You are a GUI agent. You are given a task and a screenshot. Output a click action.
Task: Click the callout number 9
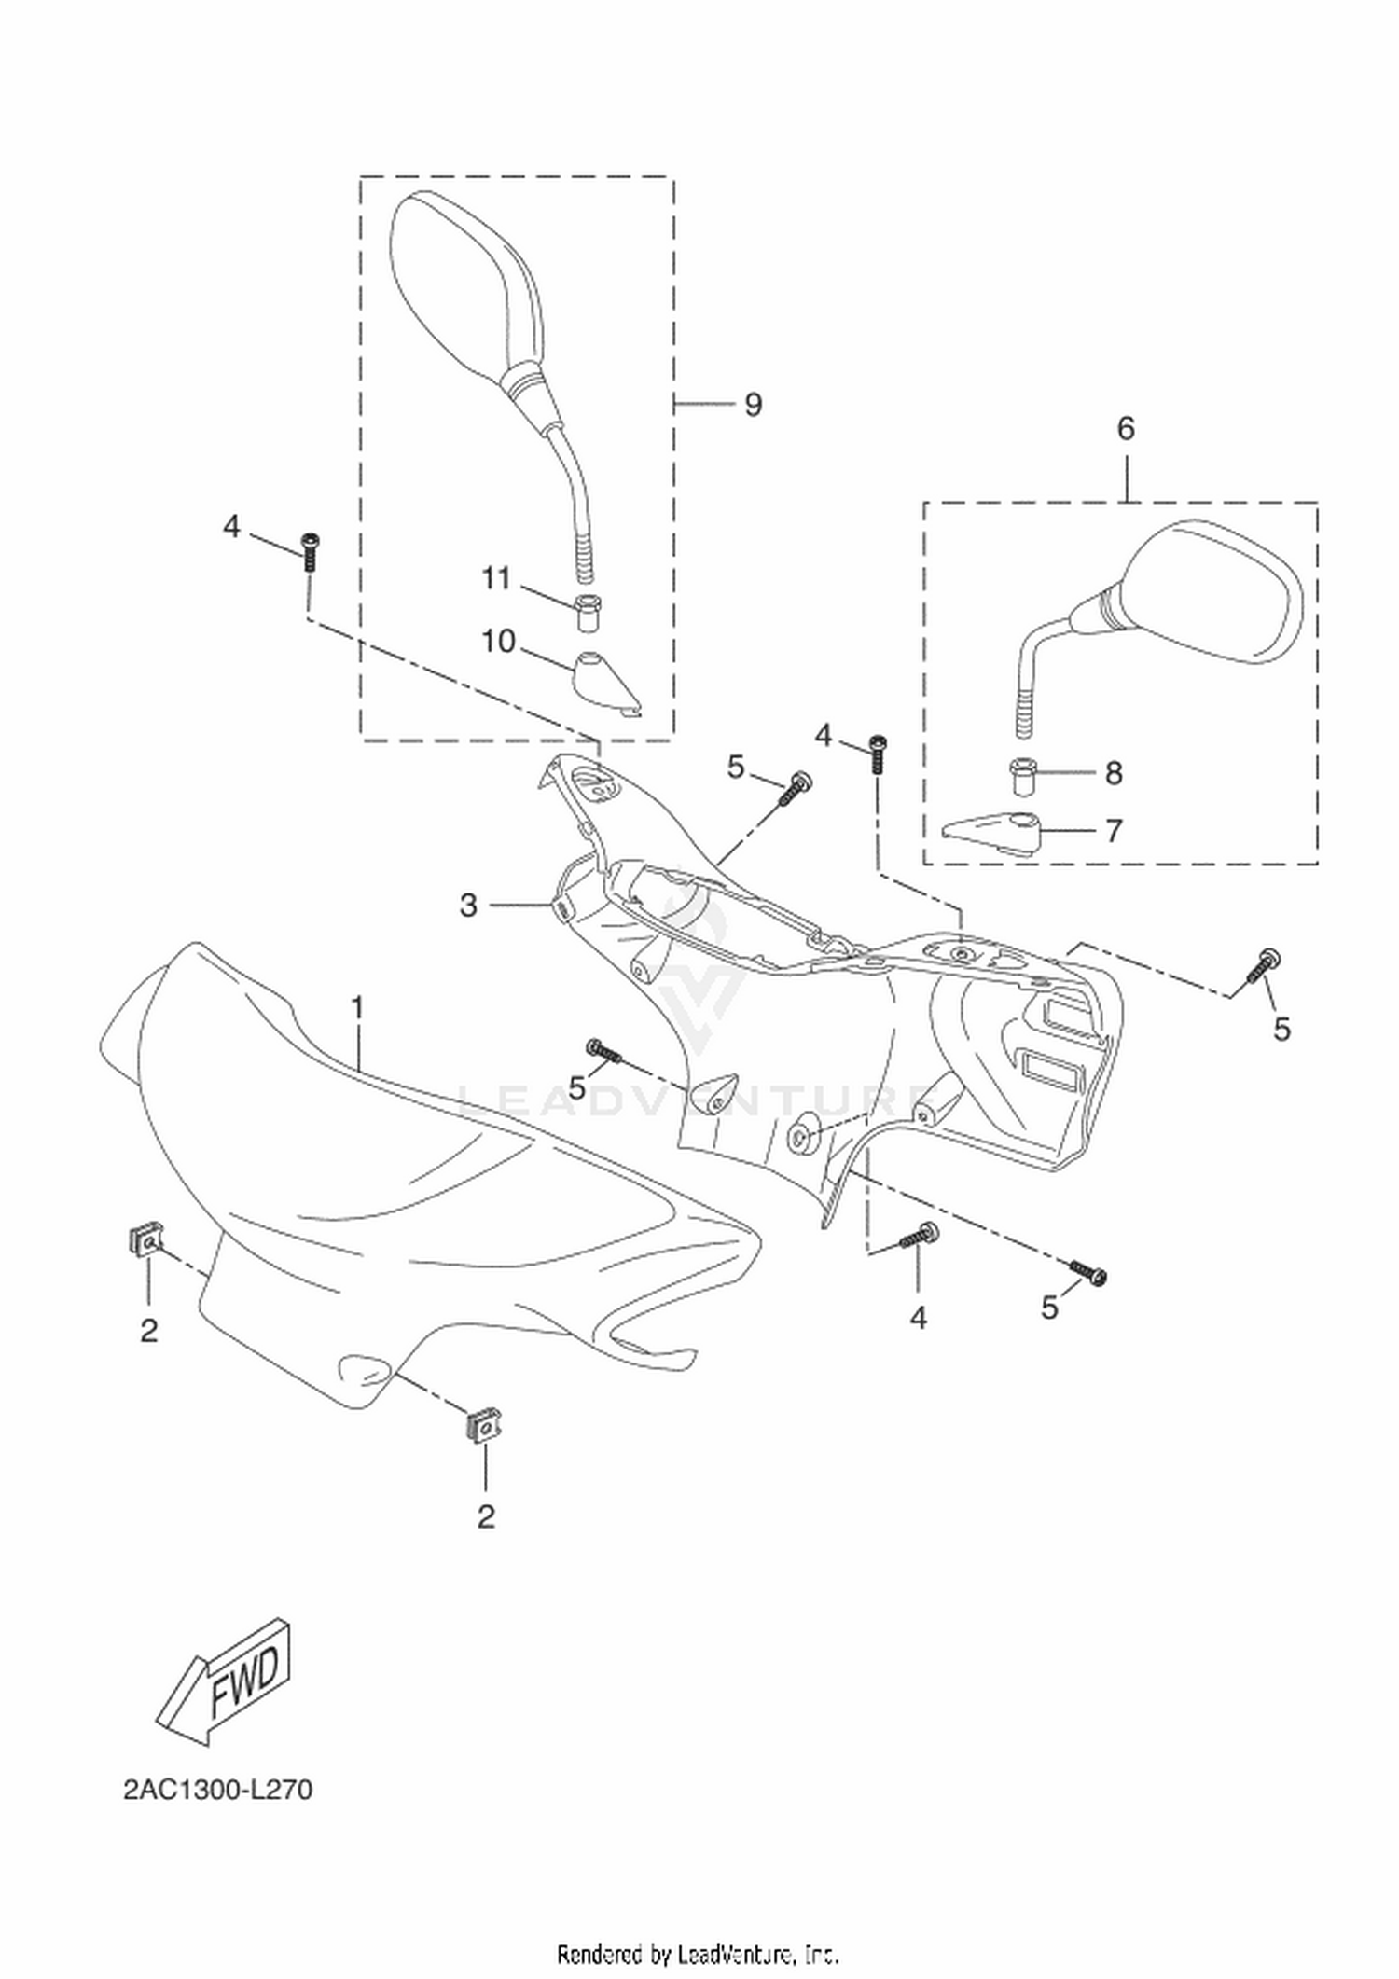[x=753, y=405]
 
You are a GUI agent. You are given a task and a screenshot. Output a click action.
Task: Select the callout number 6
[x=1126, y=429]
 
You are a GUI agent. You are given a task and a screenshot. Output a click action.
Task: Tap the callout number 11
[x=496, y=579]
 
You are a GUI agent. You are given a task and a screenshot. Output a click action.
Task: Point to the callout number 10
[x=499, y=642]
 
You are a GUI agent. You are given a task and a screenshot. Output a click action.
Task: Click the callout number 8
[x=1114, y=773]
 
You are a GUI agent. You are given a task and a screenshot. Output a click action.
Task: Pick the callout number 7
[x=1114, y=831]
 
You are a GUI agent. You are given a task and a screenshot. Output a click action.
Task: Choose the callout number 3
[x=468, y=905]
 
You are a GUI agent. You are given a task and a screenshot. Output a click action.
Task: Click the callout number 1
[x=356, y=1008]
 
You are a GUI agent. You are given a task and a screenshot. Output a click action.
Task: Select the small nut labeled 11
[x=587, y=612]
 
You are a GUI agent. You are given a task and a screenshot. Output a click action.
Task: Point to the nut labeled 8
[x=1023, y=780]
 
